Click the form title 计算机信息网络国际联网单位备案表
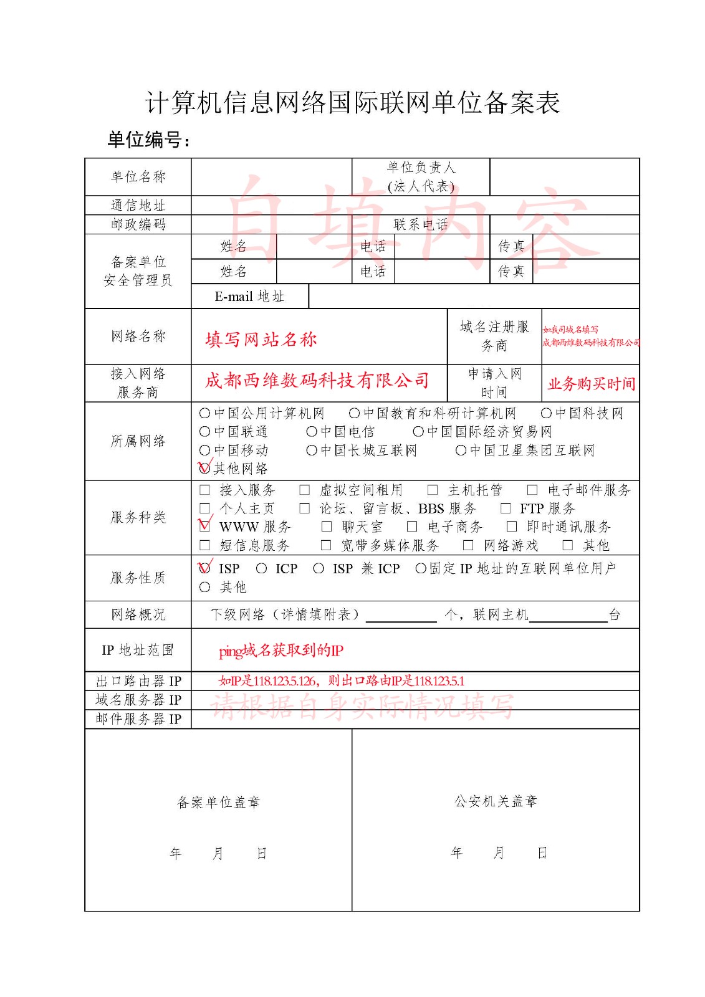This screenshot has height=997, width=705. [352, 103]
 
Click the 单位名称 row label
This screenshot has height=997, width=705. [138, 177]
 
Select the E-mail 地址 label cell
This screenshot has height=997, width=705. [249, 297]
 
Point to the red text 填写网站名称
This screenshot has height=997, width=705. [261, 340]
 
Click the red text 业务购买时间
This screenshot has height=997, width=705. [591, 384]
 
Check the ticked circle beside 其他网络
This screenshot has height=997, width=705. [204, 469]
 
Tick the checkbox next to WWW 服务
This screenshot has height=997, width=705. [204, 527]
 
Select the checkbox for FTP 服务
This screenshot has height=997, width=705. [506, 508]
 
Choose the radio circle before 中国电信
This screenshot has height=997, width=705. [312, 432]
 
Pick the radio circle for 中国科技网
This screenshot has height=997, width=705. [546, 413]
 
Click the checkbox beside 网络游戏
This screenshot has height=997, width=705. [468, 546]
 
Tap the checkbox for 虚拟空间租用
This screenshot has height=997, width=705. [304, 490]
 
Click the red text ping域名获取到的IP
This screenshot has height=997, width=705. [281, 651]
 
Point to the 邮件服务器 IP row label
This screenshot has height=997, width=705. [138, 719]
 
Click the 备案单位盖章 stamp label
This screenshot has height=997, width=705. [218, 802]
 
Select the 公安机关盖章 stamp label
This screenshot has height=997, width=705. [496, 801]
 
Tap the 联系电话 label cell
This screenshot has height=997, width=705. [421, 225]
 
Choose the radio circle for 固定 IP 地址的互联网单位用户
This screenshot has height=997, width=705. [421, 569]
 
